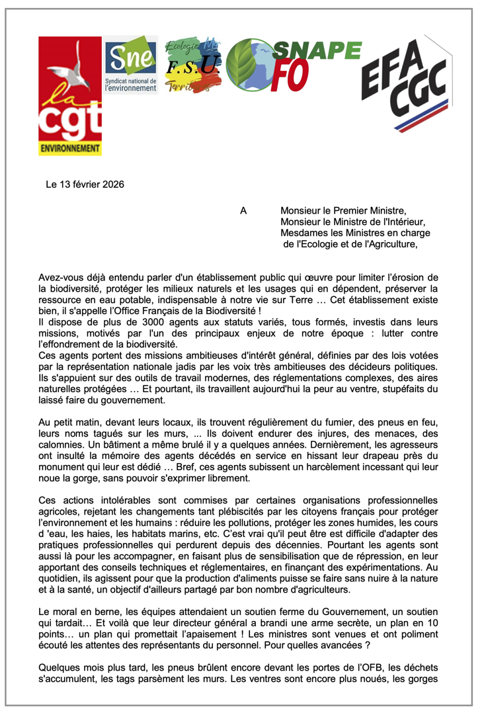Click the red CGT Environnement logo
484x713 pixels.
coord(71,97)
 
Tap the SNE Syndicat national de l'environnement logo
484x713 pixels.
coord(131,65)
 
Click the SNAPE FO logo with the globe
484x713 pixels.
coord(293,64)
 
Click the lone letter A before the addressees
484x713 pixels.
coord(243,211)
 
